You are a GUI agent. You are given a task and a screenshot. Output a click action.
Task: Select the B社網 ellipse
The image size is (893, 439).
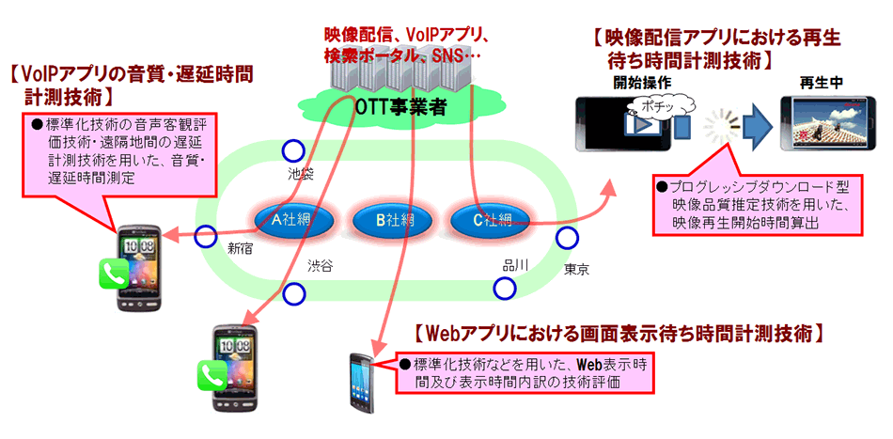(395, 221)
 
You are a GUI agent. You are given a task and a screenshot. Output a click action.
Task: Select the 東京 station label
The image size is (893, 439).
(576, 270)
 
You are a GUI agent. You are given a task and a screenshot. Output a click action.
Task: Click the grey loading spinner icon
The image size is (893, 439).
(722, 124)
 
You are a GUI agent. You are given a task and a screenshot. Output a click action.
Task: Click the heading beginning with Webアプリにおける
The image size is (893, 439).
(619, 332)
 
